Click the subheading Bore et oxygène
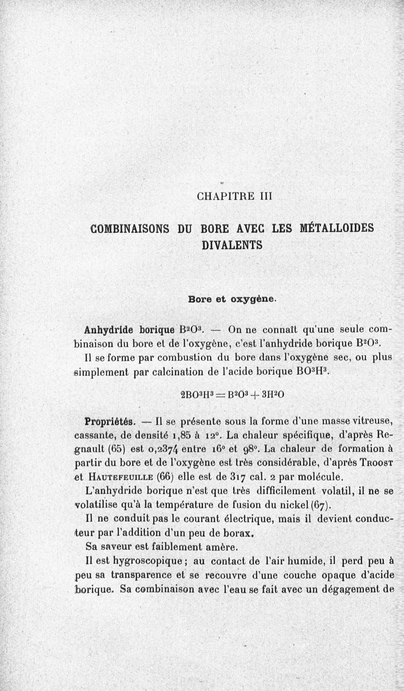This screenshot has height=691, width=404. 232,299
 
